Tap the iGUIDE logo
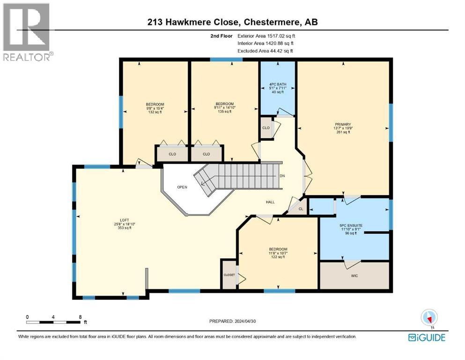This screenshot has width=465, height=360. pos(427,337)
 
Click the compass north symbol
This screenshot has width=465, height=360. pos(428,318)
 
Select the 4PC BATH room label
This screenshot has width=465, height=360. pos(278,88)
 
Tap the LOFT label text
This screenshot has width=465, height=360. pos(124,224)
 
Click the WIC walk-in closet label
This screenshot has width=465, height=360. pos(354,276)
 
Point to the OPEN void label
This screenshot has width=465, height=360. pos(182,187)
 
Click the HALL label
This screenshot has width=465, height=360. pos(270,202)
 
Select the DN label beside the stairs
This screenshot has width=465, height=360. pos(282,176)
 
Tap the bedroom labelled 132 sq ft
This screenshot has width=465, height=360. pos(155,108)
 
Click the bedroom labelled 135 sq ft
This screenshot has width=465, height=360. pos(224,108)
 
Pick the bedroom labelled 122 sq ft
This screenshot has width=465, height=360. pos(278,253)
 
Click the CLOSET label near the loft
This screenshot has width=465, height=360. pos(229,275)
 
